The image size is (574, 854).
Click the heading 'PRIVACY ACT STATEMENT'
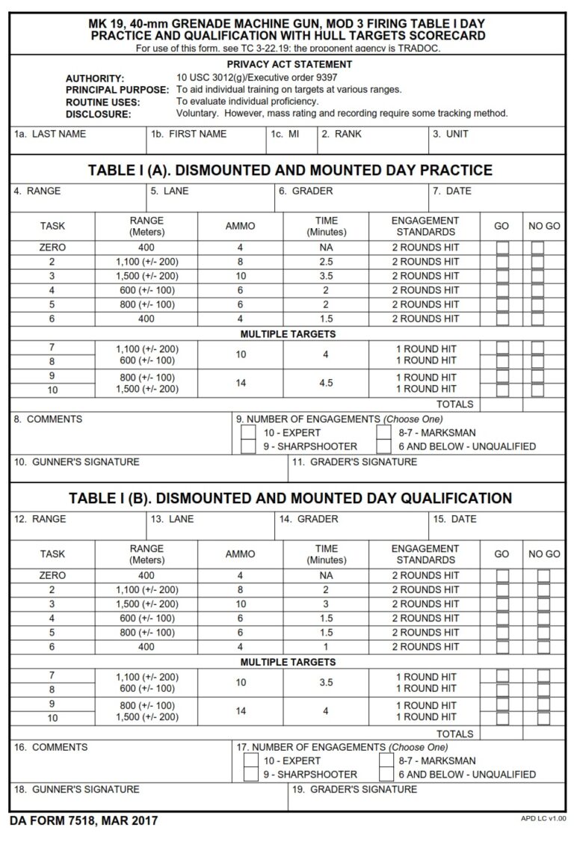pyautogui.click(x=289, y=65)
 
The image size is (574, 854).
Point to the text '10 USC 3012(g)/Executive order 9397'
pyautogui.click(x=256, y=78)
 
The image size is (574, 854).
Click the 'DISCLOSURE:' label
pyautogui.click(x=99, y=114)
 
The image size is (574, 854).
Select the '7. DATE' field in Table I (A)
pyautogui.click(x=496, y=197)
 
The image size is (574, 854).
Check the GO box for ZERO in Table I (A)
pyautogui.click(x=502, y=248)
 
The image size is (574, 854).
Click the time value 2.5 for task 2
pyautogui.click(x=326, y=262)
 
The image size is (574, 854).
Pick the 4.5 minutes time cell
pyautogui.click(x=326, y=383)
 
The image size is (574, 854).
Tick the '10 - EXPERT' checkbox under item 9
pyautogui.click(x=248, y=433)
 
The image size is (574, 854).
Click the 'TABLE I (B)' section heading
pyautogui.click(x=290, y=498)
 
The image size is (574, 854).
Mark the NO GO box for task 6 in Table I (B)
pyautogui.click(x=543, y=647)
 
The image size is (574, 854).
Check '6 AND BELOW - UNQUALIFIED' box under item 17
pyautogui.click(x=386, y=775)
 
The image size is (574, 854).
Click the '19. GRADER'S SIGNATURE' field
pyautogui.click(x=426, y=797)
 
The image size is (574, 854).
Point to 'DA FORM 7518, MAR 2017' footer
pyautogui.click(x=84, y=821)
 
